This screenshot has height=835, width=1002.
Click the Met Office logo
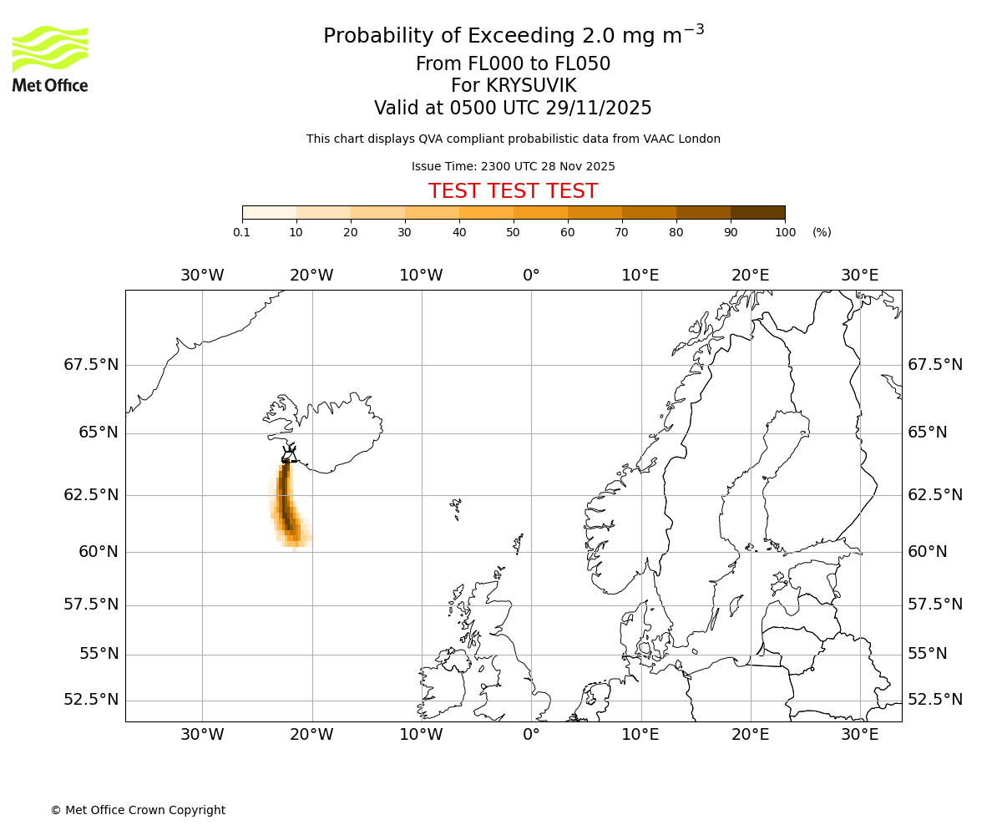click(50, 58)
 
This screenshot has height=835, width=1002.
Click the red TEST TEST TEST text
click(513, 191)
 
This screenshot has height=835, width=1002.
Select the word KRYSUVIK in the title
click(513, 86)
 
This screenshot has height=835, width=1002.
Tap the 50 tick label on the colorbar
click(513, 232)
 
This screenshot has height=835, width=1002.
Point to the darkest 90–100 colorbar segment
click(757, 213)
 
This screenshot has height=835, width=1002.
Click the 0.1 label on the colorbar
click(241, 232)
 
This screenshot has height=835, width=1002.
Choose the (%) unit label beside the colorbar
click(822, 232)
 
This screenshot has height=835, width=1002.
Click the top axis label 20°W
click(311, 276)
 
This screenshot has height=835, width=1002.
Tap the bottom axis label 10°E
click(640, 735)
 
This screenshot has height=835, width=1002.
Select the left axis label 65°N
click(99, 433)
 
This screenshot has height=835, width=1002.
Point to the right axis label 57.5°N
click(934, 605)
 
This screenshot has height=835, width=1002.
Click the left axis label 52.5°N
click(91, 700)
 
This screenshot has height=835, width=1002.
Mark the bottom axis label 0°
click(531, 735)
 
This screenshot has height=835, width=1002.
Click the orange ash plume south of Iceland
click(286, 505)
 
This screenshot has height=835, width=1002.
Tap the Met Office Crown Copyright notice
click(138, 810)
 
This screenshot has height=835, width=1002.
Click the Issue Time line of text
click(513, 166)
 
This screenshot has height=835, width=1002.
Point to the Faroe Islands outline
click(456, 507)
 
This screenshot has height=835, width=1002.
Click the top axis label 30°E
click(859, 276)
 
